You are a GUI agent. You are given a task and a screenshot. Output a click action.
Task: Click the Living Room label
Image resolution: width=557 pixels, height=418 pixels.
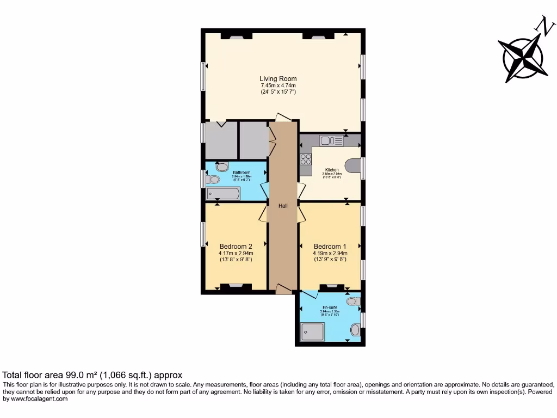[278, 79]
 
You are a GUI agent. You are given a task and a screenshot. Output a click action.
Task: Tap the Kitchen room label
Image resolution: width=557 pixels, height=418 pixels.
[332, 170]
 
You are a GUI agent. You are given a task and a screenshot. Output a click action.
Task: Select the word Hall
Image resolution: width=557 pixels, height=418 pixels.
[283, 206]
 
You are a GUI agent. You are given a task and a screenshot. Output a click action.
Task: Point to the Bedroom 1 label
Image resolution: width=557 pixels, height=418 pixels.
[330, 246]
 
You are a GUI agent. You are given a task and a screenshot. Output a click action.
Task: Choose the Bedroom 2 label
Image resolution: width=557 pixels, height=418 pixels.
[236, 246]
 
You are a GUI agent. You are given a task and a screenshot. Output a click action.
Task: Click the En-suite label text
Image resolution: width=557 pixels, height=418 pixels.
[330, 308]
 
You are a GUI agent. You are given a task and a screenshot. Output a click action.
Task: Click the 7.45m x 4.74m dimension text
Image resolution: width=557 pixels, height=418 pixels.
[278, 86]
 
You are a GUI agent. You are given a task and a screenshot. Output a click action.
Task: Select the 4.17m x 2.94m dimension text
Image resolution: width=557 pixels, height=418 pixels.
[236, 253]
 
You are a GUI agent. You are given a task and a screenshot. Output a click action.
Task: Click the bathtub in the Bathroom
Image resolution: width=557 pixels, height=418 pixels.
[223, 193]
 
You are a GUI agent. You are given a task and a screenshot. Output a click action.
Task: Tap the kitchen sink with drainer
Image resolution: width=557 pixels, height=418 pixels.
[331, 141]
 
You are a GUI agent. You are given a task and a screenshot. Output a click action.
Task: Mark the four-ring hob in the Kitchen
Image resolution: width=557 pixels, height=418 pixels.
[306, 159]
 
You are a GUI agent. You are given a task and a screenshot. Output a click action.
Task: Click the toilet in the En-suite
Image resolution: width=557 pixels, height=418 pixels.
[353, 301]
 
